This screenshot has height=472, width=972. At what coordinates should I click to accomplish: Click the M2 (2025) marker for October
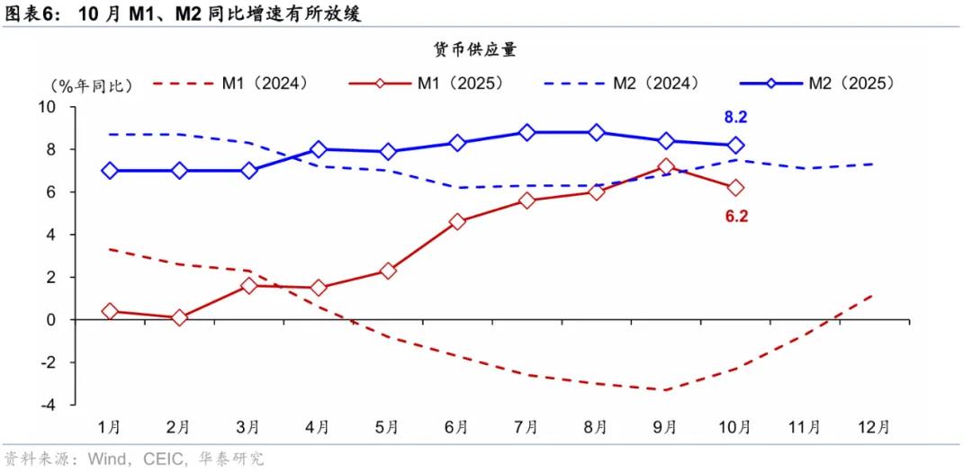click(x=735, y=145)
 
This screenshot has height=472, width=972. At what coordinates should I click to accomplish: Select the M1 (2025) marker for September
click(x=666, y=166)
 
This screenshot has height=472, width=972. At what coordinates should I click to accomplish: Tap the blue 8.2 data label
click(x=736, y=117)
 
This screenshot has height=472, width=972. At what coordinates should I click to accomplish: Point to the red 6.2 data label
click(x=736, y=215)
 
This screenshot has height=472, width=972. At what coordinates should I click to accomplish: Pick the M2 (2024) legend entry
click(x=622, y=84)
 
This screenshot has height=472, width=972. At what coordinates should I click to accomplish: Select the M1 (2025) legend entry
click(x=427, y=84)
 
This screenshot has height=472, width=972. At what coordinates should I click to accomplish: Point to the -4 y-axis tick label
click(x=48, y=405)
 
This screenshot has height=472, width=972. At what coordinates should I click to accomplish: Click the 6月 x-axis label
click(x=457, y=426)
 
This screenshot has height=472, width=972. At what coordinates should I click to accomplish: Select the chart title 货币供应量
click(x=485, y=50)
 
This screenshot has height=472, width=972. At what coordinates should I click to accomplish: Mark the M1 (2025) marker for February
click(x=179, y=317)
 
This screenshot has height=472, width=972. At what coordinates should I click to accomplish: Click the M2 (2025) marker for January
click(x=110, y=170)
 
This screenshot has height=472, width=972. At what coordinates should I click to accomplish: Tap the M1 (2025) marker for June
click(x=457, y=221)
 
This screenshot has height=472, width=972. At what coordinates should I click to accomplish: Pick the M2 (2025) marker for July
click(x=526, y=132)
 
